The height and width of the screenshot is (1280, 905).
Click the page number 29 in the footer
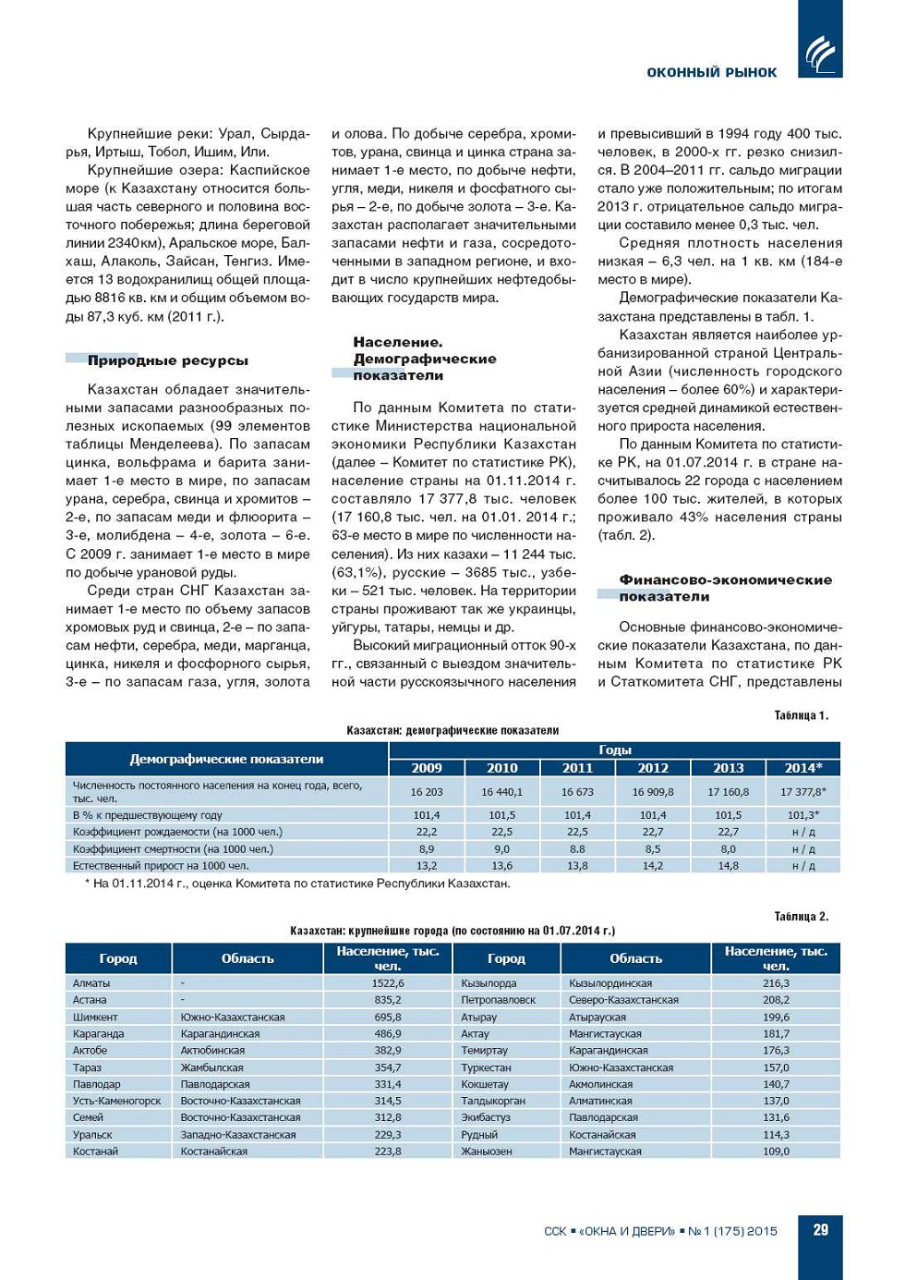pyautogui.click(x=820, y=1230)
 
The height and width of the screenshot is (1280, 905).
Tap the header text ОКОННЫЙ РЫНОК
pyautogui.click(x=711, y=72)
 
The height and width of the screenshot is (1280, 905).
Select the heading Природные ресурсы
pyautogui.click(x=167, y=360)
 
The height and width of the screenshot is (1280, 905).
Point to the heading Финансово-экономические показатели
pyautogui.click(x=725, y=588)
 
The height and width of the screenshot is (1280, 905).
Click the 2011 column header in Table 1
pyautogui.click(x=577, y=768)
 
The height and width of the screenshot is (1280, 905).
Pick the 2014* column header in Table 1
pyautogui.click(x=802, y=768)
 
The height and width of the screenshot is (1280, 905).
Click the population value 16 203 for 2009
pyautogui.click(x=427, y=792)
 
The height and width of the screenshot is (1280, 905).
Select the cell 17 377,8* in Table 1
pyautogui.click(x=802, y=792)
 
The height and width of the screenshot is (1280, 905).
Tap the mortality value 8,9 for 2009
pyautogui.click(x=427, y=849)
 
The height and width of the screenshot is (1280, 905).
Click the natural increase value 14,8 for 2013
pyautogui.click(x=728, y=866)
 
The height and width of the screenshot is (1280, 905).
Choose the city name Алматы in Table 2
pyautogui.click(x=91, y=983)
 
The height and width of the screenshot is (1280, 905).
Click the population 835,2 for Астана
pyautogui.click(x=388, y=1000)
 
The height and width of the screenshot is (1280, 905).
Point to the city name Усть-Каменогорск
pyautogui.click(x=116, y=1101)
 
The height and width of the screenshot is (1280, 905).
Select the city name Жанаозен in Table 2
pyautogui.click(x=487, y=1152)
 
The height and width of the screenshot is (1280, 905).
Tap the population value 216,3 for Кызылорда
pyautogui.click(x=776, y=983)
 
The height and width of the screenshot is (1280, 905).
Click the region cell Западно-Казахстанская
pyautogui.click(x=238, y=1135)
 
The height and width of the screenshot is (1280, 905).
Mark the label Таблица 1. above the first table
pyautogui.click(x=801, y=715)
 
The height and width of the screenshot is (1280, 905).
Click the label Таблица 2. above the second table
pyautogui.click(x=801, y=917)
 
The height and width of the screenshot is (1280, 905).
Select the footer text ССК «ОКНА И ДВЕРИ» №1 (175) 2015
pyautogui.click(x=660, y=1231)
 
